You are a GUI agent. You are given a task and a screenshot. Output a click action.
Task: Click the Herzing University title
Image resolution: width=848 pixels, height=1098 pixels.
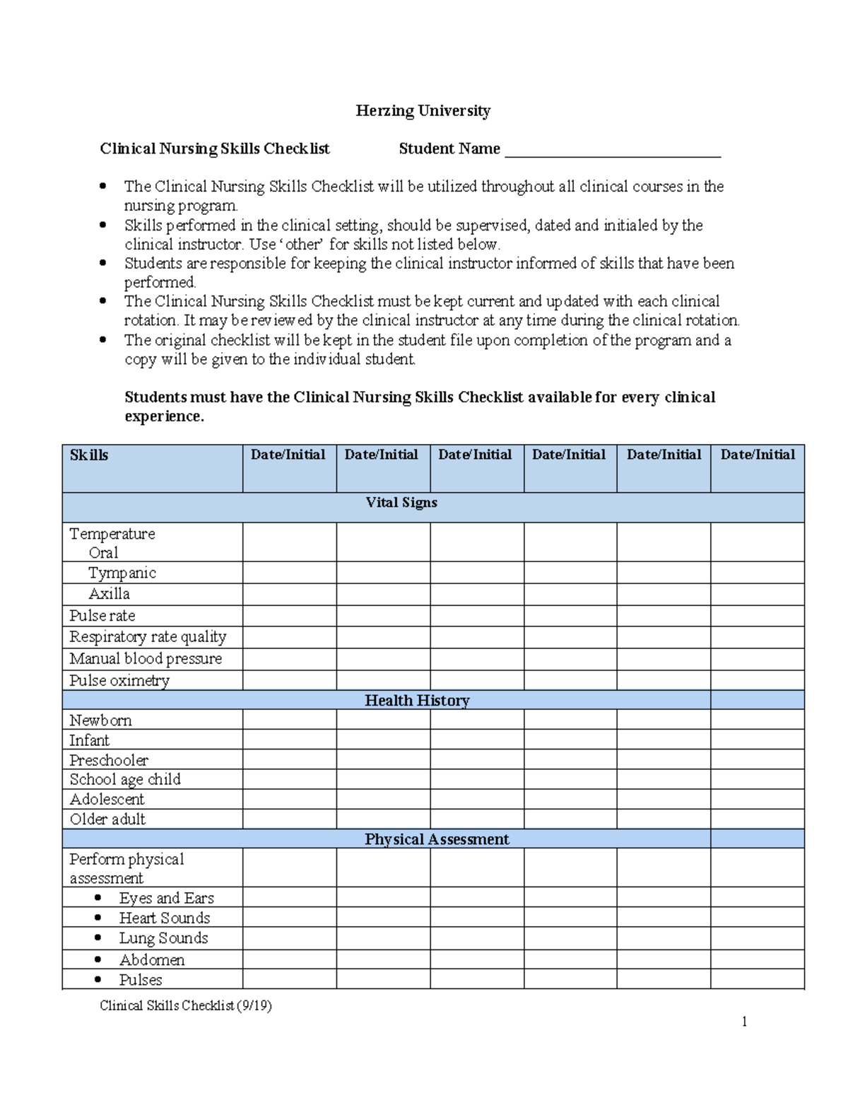(x=423, y=111)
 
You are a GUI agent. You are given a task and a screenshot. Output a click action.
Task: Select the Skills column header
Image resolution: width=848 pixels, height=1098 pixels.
(x=89, y=455)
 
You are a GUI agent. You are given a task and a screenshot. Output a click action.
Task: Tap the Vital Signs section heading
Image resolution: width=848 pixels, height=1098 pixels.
(x=401, y=503)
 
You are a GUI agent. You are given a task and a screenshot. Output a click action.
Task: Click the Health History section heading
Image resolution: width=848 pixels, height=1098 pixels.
(x=417, y=701)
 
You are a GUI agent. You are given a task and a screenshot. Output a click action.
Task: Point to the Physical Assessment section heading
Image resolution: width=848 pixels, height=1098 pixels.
(x=436, y=839)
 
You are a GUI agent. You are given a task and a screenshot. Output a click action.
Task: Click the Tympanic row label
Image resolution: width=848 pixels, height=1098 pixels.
(x=122, y=573)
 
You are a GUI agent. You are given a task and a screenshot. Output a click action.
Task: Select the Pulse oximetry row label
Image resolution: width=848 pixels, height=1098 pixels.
(x=119, y=680)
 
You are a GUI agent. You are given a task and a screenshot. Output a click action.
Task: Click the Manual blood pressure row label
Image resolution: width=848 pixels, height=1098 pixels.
(x=146, y=658)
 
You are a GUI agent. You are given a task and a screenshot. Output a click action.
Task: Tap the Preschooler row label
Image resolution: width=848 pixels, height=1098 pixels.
(x=109, y=760)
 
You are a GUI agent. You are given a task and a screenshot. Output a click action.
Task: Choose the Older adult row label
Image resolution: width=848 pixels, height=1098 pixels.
(x=107, y=819)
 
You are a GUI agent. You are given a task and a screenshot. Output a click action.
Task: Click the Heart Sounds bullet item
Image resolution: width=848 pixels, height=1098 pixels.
(x=164, y=918)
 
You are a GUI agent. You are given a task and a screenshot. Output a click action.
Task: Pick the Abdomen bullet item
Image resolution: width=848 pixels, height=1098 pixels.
(x=151, y=959)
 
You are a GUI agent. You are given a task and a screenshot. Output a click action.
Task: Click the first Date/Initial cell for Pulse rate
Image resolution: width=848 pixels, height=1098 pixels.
(x=289, y=616)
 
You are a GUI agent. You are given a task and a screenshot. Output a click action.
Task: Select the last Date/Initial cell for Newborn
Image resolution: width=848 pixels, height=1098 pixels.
(x=757, y=720)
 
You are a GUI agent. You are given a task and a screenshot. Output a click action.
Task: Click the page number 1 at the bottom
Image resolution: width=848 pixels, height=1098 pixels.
(x=744, y=1022)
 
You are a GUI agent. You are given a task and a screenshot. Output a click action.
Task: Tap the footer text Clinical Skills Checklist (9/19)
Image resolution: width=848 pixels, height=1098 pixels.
(x=186, y=1005)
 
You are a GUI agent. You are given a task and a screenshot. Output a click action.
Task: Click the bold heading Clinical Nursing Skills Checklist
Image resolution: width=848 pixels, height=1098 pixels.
(x=214, y=149)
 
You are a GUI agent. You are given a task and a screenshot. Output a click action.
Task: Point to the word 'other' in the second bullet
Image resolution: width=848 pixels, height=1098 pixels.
(x=303, y=245)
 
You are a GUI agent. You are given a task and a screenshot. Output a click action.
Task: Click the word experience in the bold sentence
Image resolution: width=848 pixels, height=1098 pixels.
(x=164, y=416)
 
